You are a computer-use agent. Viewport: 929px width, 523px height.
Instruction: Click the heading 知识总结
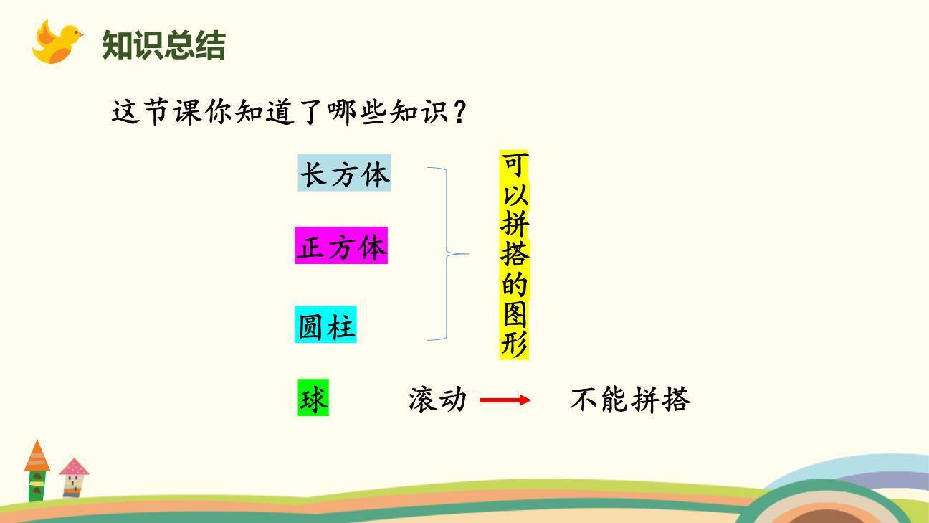[163, 45]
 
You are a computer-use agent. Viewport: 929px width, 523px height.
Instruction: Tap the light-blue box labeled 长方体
[344, 173]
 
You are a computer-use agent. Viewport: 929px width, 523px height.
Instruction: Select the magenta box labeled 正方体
[341, 246]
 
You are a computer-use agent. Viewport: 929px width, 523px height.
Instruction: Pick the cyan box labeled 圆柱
[325, 325]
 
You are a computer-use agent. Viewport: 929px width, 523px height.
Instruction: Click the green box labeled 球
[313, 398]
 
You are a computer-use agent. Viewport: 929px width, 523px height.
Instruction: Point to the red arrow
[505, 400]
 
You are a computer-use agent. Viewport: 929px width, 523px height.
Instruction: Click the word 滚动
[437, 399]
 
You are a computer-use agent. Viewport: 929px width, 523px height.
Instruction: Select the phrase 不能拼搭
[629, 400]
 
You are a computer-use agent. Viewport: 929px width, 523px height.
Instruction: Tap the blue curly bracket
[448, 253]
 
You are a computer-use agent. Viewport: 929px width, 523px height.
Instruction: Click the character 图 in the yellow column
[514, 315]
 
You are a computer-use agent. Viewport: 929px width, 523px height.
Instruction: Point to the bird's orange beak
[79, 34]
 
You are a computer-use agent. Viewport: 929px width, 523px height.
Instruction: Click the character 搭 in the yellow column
[514, 255]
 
